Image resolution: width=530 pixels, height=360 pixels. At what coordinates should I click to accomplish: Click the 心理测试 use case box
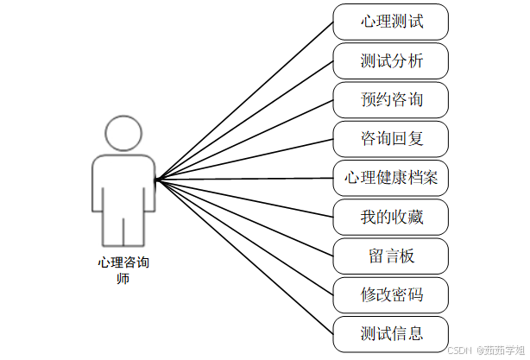coord(391,22)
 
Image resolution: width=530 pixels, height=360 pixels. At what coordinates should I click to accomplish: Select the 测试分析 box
coord(391,61)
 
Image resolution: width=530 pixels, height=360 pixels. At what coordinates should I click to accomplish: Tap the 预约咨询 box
coord(391,100)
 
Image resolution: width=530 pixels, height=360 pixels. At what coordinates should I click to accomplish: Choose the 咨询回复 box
coord(391,139)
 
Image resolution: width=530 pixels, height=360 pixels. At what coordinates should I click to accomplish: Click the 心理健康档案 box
coord(391,178)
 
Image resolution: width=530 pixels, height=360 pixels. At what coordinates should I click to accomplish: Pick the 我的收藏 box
coord(391,217)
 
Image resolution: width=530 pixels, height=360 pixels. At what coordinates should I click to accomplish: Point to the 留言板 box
coord(391,256)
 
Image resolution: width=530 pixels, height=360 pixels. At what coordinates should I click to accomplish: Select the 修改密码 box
coord(391,294)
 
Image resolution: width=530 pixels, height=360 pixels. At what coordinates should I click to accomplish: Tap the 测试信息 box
coord(391,333)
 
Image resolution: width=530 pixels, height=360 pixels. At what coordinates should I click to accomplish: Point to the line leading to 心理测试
coord(244,100)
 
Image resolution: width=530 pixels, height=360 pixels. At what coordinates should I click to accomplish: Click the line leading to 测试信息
coord(244,256)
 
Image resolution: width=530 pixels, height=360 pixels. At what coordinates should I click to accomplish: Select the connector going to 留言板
coord(244,218)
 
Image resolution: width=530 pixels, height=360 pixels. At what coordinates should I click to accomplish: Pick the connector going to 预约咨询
coord(244,139)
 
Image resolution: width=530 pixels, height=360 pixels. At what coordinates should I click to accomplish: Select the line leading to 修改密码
coord(244,237)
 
